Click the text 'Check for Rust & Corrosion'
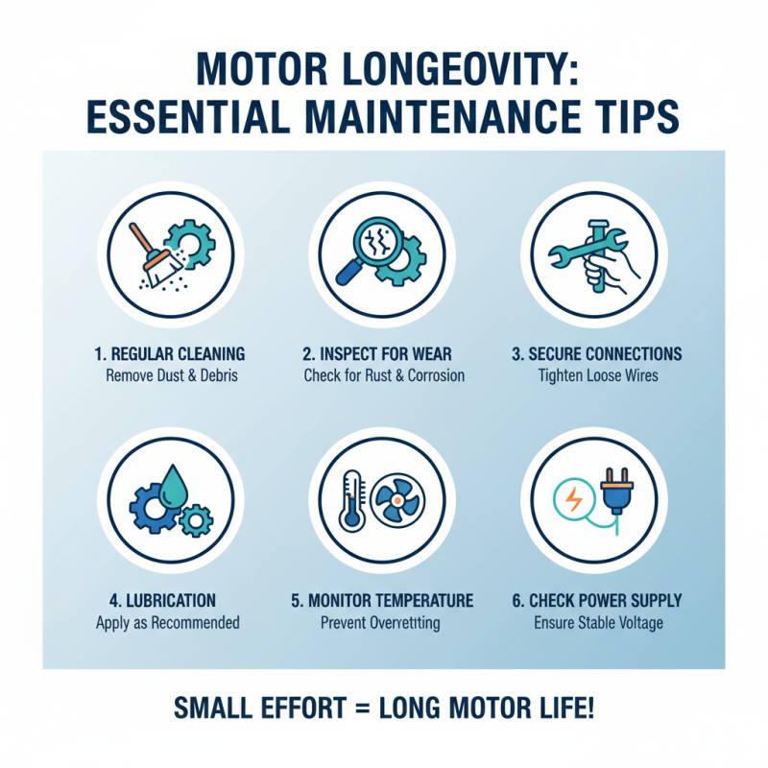coord(384,374)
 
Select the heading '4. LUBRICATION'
coord(168,601)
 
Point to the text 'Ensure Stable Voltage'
coord(597,622)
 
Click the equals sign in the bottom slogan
coord(358,709)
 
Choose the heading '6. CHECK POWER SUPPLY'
coord(596,601)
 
